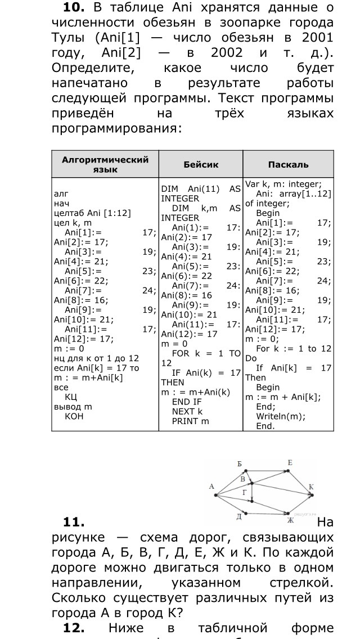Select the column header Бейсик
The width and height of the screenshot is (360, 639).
tap(201, 165)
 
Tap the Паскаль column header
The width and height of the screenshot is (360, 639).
tap(288, 165)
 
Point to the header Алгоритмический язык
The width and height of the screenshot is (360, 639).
tap(105, 164)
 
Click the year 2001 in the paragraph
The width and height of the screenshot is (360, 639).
tap(317, 38)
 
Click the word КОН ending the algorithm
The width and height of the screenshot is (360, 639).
tap(74, 416)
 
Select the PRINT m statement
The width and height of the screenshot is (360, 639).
tap(190, 421)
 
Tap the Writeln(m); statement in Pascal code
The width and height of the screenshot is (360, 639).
tap(281, 416)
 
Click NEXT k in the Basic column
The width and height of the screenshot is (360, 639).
tap(187, 411)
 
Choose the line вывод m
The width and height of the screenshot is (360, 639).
tap(73, 406)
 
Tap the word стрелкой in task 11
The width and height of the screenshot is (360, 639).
tap(304, 582)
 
